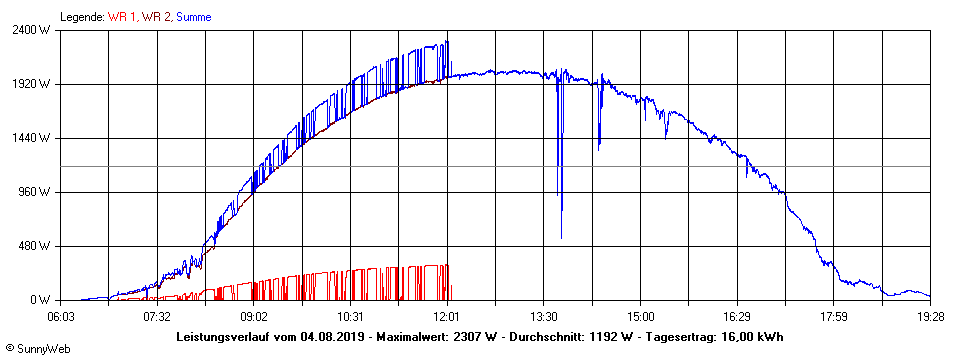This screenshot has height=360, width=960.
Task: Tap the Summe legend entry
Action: point(194,17)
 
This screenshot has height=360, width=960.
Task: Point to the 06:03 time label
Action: point(62,316)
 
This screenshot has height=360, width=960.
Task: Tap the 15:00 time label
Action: point(641,316)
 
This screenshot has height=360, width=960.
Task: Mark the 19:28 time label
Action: point(930,316)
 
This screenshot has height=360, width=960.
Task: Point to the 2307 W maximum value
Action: point(475,336)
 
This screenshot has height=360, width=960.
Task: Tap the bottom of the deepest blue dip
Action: point(561,237)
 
